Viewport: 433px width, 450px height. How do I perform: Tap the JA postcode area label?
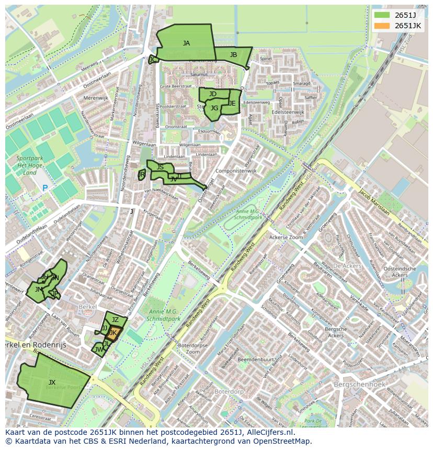(186, 43)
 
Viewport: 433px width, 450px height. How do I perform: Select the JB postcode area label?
(233, 55)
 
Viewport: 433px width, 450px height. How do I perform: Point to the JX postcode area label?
(52, 383)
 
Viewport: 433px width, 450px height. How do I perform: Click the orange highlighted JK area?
(114, 333)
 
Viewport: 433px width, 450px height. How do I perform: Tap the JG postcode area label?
(214, 108)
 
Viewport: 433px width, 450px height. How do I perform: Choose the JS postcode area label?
(160, 167)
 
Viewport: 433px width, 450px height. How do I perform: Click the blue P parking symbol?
(45, 188)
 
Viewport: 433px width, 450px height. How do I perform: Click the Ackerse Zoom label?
(286, 237)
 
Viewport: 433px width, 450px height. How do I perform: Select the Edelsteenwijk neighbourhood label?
(288, 112)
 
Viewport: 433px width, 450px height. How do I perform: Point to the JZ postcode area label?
(116, 320)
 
